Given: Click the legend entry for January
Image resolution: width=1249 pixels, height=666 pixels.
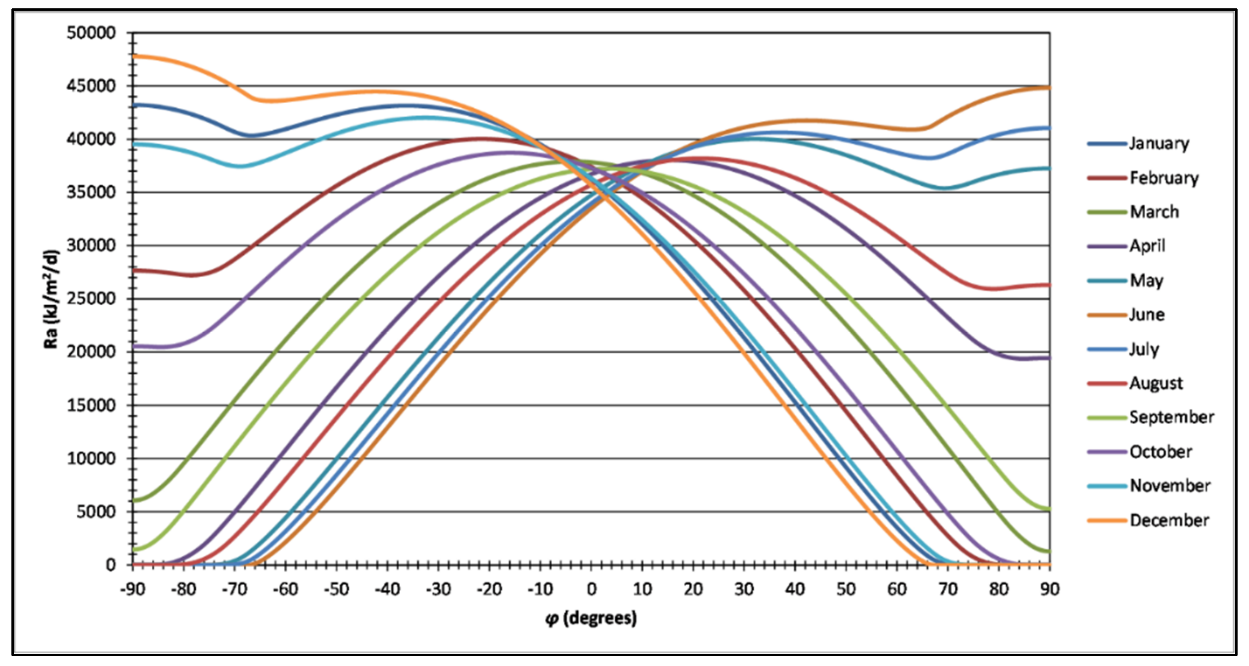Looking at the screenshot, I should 1159,144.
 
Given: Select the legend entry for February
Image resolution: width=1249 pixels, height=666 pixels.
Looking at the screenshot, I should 1164,178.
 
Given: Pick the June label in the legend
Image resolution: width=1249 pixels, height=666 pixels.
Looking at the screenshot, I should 1147,315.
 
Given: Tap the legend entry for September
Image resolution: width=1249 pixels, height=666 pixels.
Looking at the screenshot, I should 1172,417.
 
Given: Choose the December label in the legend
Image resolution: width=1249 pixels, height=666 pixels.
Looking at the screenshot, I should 1169,520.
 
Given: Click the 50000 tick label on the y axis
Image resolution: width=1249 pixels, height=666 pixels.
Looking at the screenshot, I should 92,33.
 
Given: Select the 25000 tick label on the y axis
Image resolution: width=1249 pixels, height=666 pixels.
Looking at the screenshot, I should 92,299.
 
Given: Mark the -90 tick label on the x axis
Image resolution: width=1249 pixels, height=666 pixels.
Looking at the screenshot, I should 132,589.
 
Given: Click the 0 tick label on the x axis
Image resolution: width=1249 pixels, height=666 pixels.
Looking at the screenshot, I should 591,589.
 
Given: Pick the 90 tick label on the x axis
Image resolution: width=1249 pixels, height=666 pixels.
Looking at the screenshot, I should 1050,589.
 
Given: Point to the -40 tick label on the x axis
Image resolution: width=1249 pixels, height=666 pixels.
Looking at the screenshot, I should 387,589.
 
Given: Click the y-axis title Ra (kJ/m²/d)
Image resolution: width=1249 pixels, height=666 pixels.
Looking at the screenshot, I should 51,299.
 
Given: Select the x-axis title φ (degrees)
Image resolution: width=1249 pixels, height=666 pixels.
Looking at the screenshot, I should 591,618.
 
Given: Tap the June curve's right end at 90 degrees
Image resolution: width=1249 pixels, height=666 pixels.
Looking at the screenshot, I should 1049,88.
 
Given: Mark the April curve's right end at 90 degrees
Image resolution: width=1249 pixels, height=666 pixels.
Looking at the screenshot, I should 1049,358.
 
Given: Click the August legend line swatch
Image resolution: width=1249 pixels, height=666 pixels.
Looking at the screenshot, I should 1106,383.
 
